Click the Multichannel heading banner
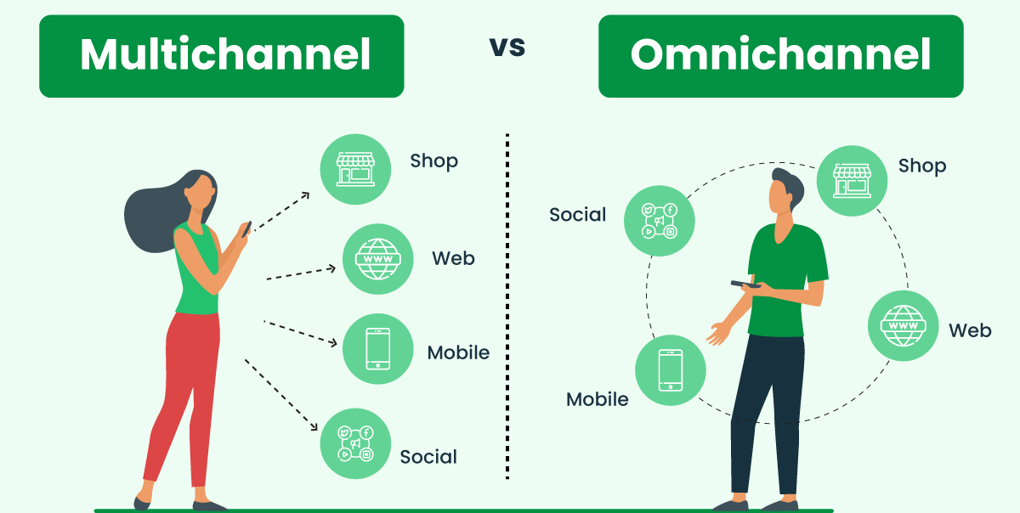click(222, 56)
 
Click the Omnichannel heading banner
click(781, 56)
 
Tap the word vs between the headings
click(507, 47)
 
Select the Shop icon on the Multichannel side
click(355, 169)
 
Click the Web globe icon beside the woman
click(378, 259)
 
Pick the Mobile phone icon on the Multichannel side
click(378, 349)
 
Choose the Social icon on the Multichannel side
click(355, 444)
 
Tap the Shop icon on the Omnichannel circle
click(852, 181)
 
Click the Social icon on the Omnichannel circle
click(660, 221)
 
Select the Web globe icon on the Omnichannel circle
click(904, 326)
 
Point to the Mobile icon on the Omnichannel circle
click(671, 370)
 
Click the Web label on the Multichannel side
click(454, 258)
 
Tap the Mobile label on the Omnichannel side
click(598, 399)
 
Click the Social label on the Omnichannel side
click(578, 214)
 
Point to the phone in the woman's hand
click(246, 229)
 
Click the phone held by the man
click(745, 285)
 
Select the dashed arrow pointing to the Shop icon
click(281, 211)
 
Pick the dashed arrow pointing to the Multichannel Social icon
click(281, 395)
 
